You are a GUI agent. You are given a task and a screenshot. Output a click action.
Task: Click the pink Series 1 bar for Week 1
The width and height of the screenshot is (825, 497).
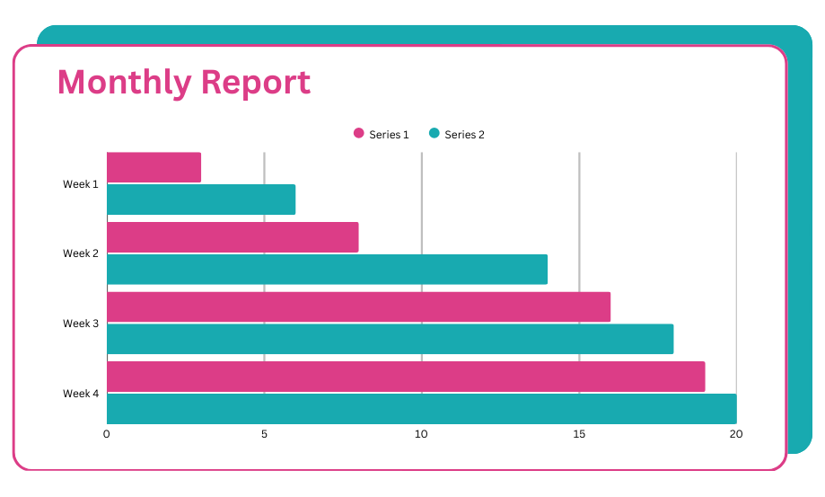(154, 167)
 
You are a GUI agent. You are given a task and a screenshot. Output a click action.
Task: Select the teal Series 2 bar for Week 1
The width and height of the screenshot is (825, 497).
(201, 200)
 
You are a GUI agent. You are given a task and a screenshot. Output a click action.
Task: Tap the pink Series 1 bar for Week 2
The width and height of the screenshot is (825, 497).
(233, 237)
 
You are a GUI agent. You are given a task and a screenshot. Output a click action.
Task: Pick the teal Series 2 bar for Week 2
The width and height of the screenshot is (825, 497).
(327, 270)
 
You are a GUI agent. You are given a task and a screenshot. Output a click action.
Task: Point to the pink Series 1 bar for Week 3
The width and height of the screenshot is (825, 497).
(358, 306)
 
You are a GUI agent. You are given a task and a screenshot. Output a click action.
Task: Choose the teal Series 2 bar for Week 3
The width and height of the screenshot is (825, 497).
(390, 339)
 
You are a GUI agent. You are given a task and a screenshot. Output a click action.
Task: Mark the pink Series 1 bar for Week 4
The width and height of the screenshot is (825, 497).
(406, 377)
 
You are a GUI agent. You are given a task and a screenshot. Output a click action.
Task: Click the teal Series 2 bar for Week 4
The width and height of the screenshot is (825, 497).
(421, 409)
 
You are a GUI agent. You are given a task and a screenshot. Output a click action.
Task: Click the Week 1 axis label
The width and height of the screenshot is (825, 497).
(81, 184)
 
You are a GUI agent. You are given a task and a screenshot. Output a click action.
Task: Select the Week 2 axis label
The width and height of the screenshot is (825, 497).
(81, 253)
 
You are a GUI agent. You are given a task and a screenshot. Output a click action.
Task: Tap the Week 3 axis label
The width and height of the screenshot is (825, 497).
(81, 324)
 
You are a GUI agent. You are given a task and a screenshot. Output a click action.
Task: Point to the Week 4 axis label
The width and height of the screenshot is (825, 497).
(81, 394)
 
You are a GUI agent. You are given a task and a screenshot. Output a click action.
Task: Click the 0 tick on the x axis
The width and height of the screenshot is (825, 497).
(107, 434)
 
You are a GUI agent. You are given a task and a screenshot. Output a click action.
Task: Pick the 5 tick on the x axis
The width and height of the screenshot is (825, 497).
(264, 434)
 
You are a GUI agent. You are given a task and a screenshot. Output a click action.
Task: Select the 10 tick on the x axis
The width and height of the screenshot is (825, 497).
(421, 434)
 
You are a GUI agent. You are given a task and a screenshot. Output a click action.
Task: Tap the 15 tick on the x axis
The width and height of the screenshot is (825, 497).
(579, 434)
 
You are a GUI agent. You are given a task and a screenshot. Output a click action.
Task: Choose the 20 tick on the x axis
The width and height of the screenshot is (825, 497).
(736, 434)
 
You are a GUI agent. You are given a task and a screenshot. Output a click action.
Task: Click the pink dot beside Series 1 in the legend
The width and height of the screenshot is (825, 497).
(359, 134)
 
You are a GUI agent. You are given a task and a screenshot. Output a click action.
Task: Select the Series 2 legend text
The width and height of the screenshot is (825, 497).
(464, 135)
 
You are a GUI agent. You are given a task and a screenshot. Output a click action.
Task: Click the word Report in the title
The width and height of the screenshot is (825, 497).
(255, 82)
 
